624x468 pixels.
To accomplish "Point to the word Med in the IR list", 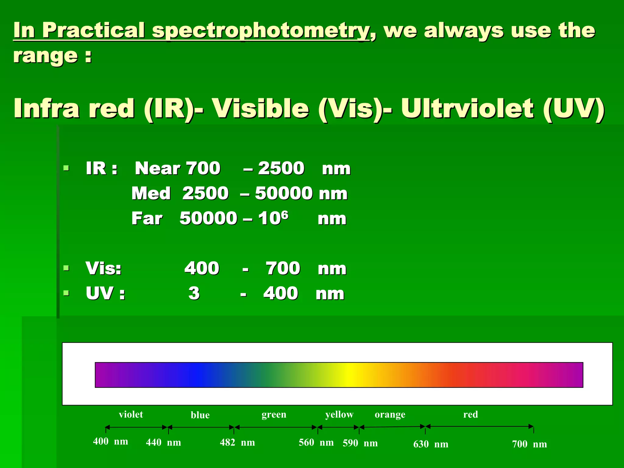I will [151, 193].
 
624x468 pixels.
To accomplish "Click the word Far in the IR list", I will [147, 218].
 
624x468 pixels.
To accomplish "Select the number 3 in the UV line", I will [194, 293].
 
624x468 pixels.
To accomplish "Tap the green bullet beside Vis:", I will [66, 268].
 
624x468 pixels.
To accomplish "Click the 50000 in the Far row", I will [208, 218].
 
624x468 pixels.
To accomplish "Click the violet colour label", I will [131, 414].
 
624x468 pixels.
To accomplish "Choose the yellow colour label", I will [339, 414].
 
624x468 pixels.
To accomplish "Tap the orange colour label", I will [390, 414].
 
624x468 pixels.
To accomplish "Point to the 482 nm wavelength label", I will [237, 442].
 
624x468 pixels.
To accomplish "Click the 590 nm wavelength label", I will [360, 443].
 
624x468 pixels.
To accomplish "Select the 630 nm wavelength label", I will [431, 444].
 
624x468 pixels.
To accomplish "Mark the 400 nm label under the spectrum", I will [110, 441].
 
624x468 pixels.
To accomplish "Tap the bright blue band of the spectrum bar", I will [197, 375].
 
